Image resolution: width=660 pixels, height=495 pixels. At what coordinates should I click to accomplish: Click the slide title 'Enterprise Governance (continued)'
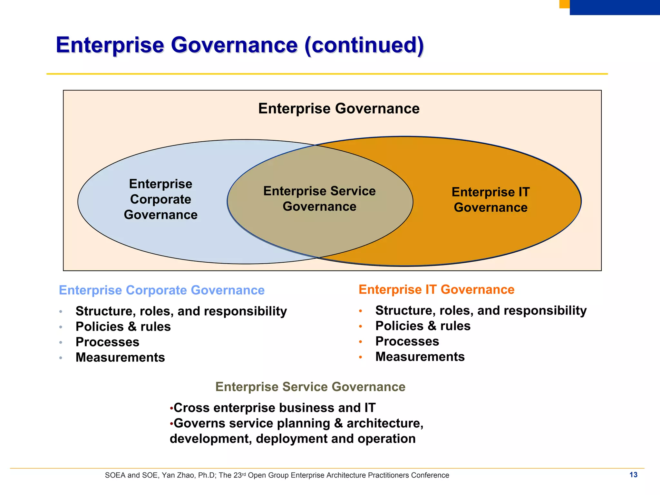click(x=240, y=45)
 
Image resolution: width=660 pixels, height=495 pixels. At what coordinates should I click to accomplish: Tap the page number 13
click(x=633, y=475)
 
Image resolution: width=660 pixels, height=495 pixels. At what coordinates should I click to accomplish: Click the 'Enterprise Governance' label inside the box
click(x=339, y=108)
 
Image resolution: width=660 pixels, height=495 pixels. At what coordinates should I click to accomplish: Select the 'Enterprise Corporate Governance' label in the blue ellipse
click(x=160, y=199)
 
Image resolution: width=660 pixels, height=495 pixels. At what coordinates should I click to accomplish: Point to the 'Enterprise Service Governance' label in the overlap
click(x=319, y=198)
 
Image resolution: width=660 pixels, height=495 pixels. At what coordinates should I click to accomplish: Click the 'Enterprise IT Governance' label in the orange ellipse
click(x=490, y=199)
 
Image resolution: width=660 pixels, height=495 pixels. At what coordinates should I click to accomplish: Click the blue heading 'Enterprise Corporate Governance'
click(x=161, y=290)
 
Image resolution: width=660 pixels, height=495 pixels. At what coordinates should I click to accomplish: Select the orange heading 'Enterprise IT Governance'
click(x=436, y=289)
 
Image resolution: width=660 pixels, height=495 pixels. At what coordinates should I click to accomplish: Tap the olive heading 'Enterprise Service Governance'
click(x=310, y=387)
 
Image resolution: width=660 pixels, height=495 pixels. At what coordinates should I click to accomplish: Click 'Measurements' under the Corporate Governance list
click(x=120, y=357)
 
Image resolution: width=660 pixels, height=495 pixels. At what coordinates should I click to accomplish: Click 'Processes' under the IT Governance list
click(x=407, y=341)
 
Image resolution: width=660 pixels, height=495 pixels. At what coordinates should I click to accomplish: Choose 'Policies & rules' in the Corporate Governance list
click(x=123, y=327)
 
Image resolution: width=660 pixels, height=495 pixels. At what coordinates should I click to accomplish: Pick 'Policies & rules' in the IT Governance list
click(x=423, y=326)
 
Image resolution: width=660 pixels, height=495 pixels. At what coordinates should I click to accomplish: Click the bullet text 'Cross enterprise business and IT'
click(x=274, y=408)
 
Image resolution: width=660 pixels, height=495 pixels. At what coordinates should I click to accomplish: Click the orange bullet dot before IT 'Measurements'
click(x=361, y=357)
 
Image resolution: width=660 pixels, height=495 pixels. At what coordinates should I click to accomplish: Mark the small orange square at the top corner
click(x=564, y=4)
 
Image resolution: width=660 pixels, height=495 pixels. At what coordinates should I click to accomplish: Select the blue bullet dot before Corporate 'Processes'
click(x=61, y=342)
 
